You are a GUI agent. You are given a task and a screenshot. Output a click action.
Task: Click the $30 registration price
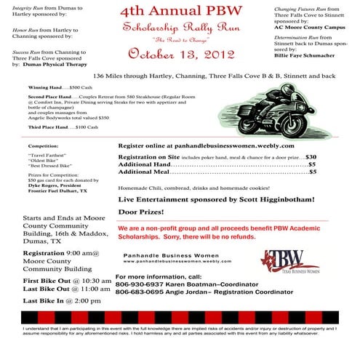pyautogui.click(x=311, y=156)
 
